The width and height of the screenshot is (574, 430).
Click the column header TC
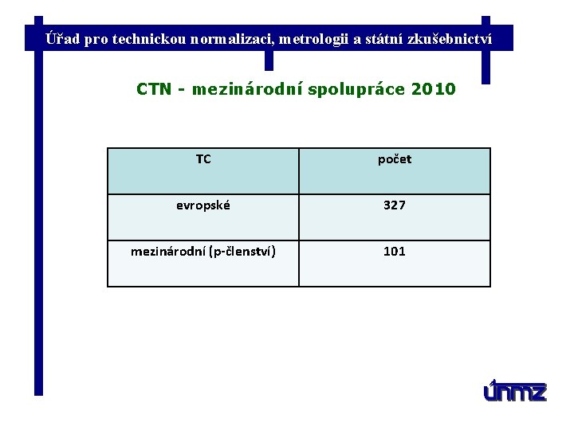click(203, 159)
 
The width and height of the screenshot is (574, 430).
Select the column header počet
click(395, 159)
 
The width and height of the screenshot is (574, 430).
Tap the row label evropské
click(203, 205)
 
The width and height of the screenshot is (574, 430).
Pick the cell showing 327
click(395, 205)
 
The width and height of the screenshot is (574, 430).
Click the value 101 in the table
click(395, 252)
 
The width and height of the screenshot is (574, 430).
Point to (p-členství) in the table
click(242, 252)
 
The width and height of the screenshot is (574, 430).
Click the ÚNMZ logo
click(515, 391)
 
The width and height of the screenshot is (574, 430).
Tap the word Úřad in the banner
click(63, 38)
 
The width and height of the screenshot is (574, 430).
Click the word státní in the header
click(386, 38)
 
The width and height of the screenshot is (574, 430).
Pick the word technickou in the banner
click(150, 38)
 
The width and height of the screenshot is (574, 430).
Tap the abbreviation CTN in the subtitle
click(154, 89)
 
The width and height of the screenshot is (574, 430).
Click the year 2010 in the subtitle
click(434, 89)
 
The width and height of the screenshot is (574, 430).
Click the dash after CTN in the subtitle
click(183, 90)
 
